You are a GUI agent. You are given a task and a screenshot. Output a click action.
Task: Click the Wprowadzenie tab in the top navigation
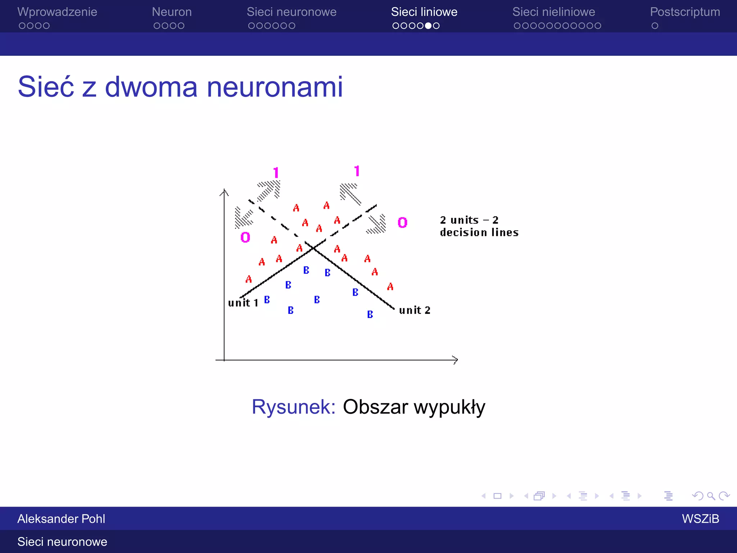pyautogui.click(x=57, y=12)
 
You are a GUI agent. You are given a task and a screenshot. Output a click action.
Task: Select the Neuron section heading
pyautogui.click(x=172, y=12)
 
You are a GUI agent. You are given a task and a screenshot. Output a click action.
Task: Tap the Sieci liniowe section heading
pyautogui.click(x=424, y=12)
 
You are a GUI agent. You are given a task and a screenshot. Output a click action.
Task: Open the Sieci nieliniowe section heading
pyautogui.click(x=553, y=12)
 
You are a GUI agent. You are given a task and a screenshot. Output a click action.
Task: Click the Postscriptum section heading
pyautogui.click(x=685, y=12)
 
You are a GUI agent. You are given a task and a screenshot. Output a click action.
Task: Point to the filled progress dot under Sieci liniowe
pyautogui.click(x=428, y=26)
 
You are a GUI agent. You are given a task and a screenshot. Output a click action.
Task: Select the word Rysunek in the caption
pyautogui.click(x=293, y=407)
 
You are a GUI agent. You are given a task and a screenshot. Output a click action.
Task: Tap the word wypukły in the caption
pyautogui.click(x=449, y=407)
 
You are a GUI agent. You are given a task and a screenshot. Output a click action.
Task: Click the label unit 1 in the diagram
pyautogui.click(x=243, y=303)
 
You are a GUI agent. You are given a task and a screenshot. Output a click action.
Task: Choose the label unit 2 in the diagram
pyautogui.click(x=415, y=310)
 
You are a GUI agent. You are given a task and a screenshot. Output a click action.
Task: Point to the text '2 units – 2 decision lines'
pyautogui.click(x=479, y=226)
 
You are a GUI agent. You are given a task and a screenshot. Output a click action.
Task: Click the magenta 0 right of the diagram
pyautogui.click(x=402, y=222)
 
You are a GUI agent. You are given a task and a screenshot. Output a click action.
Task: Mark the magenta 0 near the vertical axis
pyautogui.click(x=245, y=237)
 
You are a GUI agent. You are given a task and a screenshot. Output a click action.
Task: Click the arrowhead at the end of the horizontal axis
pyautogui.click(x=455, y=360)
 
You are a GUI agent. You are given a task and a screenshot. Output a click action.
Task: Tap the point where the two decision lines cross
pyautogui.click(x=313, y=248)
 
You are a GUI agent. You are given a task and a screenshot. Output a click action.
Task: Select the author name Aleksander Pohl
pyautogui.click(x=61, y=519)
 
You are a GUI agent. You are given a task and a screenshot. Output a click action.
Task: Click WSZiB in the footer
pyautogui.click(x=700, y=519)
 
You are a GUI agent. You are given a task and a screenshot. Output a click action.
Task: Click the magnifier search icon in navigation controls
pyautogui.click(x=711, y=496)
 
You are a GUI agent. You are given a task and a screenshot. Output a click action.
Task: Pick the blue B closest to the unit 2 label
pyautogui.click(x=370, y=314)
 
